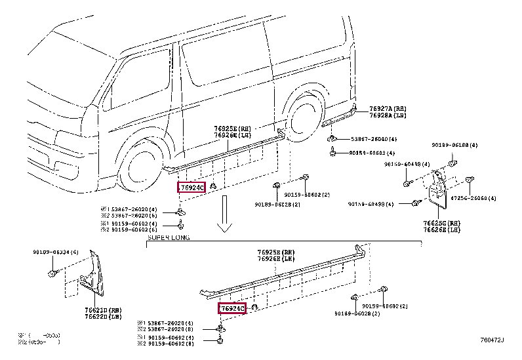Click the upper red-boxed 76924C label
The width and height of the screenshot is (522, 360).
tap(192, 188)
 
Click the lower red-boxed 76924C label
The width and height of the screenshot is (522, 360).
tap(232, 308)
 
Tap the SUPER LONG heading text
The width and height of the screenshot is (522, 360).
tap(168, 238)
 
